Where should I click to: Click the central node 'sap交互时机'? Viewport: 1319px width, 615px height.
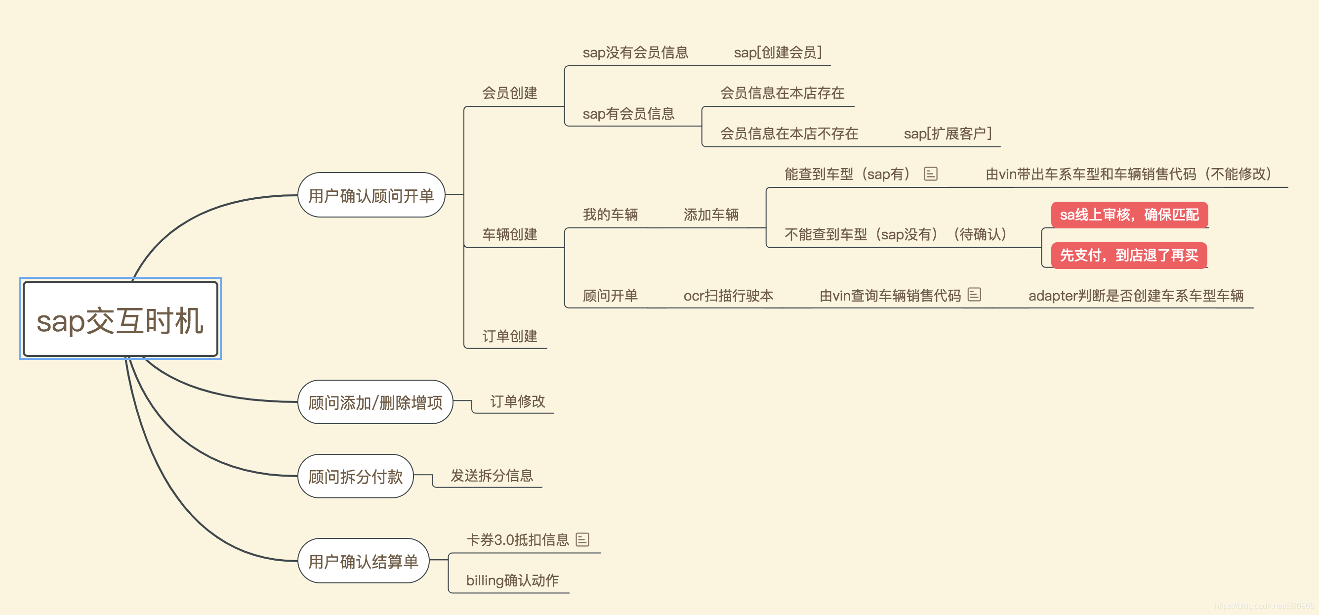click(121, 320)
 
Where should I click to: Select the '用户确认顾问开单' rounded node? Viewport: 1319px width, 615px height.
click(371, 195)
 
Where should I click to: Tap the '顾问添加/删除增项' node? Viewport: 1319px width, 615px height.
click(375, 402)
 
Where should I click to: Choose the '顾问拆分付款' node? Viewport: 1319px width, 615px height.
click(355, 476)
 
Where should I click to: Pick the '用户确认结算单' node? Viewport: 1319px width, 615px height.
click(363, 561)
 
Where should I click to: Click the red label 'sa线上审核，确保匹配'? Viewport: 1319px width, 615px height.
click(1129, 215)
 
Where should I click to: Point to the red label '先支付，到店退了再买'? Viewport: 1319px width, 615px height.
click(1128, 255)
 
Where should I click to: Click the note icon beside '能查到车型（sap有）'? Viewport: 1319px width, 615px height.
click(930, 174)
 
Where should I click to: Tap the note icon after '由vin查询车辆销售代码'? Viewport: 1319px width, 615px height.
click(974, 295)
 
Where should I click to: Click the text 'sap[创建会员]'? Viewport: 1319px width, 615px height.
click(777, 52)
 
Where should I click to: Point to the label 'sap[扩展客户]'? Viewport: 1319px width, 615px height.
click(948, 134)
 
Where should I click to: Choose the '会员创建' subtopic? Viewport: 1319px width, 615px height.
click(509, 93)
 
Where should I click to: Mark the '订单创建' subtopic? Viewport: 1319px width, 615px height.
click(509, 336)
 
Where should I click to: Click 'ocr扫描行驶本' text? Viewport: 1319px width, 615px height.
click(728, 296)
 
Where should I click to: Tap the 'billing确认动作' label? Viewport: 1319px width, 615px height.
click(512, 580)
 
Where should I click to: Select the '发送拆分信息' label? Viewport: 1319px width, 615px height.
click(492, 476)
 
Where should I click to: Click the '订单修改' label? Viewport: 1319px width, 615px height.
click(517, 401)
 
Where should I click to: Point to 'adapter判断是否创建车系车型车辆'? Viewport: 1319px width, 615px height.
click(1136, 296)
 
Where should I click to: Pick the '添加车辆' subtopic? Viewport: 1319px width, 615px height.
click(711, 215)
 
